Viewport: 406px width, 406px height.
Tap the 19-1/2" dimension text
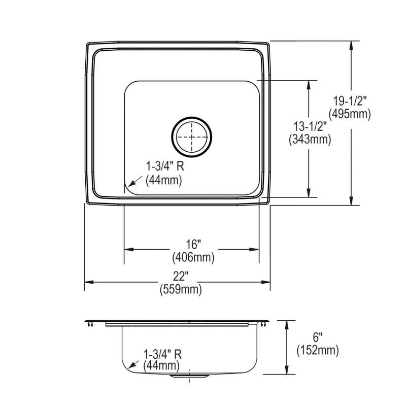tap(350, 100)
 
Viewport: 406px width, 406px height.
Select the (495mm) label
tap(350, 114)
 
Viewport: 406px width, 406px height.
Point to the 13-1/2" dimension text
tap(310, 127)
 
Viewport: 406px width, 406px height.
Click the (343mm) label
tap(310, 140)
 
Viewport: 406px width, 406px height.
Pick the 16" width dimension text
tap(194, 244)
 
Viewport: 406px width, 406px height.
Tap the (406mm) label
tap(193, 257)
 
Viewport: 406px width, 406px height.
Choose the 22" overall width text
tap(181, 277)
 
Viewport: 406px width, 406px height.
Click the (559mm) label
tap(181, 289)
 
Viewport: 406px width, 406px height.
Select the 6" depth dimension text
tap(318, 337)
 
